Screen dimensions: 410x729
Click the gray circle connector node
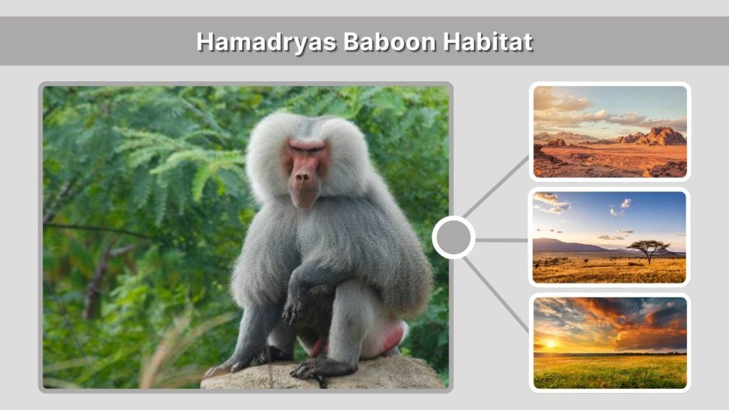[x=453, y=238]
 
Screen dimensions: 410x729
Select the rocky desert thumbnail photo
[x=610, y=132]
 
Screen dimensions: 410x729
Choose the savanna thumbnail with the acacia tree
[x=610, y=237]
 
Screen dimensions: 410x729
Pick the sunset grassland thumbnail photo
[x=610, y=342]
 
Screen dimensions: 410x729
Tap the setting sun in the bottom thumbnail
[x=551, y=344]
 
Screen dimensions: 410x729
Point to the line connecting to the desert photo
[x=497, y=186]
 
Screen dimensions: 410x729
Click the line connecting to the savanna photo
[x=502, y=240]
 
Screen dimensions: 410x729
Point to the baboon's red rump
[x=390, y=339]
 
